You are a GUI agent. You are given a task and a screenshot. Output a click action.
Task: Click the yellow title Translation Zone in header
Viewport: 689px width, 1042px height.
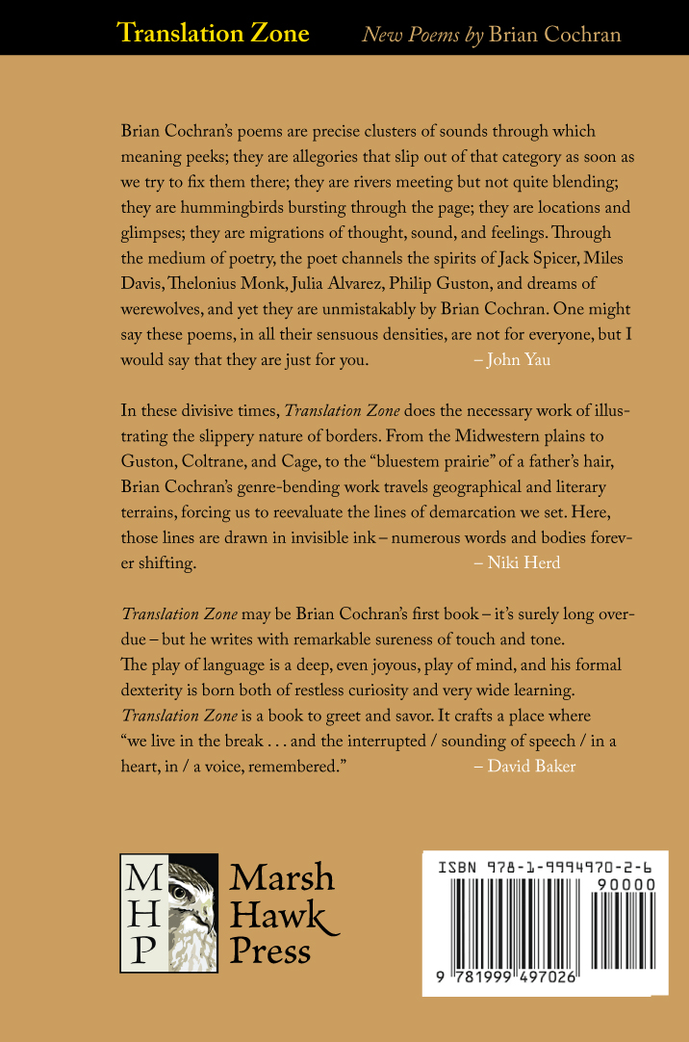pyautogui.click(x=213, y=34)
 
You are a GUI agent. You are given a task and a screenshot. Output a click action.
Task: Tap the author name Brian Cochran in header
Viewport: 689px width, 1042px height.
pyautogui.click(x=554, y=35)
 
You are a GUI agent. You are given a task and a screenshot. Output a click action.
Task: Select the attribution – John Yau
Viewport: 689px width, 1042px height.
pyautogui.click(x=513, y=360)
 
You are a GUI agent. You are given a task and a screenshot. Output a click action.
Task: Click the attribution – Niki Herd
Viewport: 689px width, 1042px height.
pyautogui.click(x=517, y=563)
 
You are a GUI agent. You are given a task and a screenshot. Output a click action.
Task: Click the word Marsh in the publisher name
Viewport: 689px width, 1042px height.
pyautogui.click(x=282, y=877)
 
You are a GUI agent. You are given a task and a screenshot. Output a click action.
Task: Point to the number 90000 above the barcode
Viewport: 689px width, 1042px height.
pyautogui.click(x=625, y=884)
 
